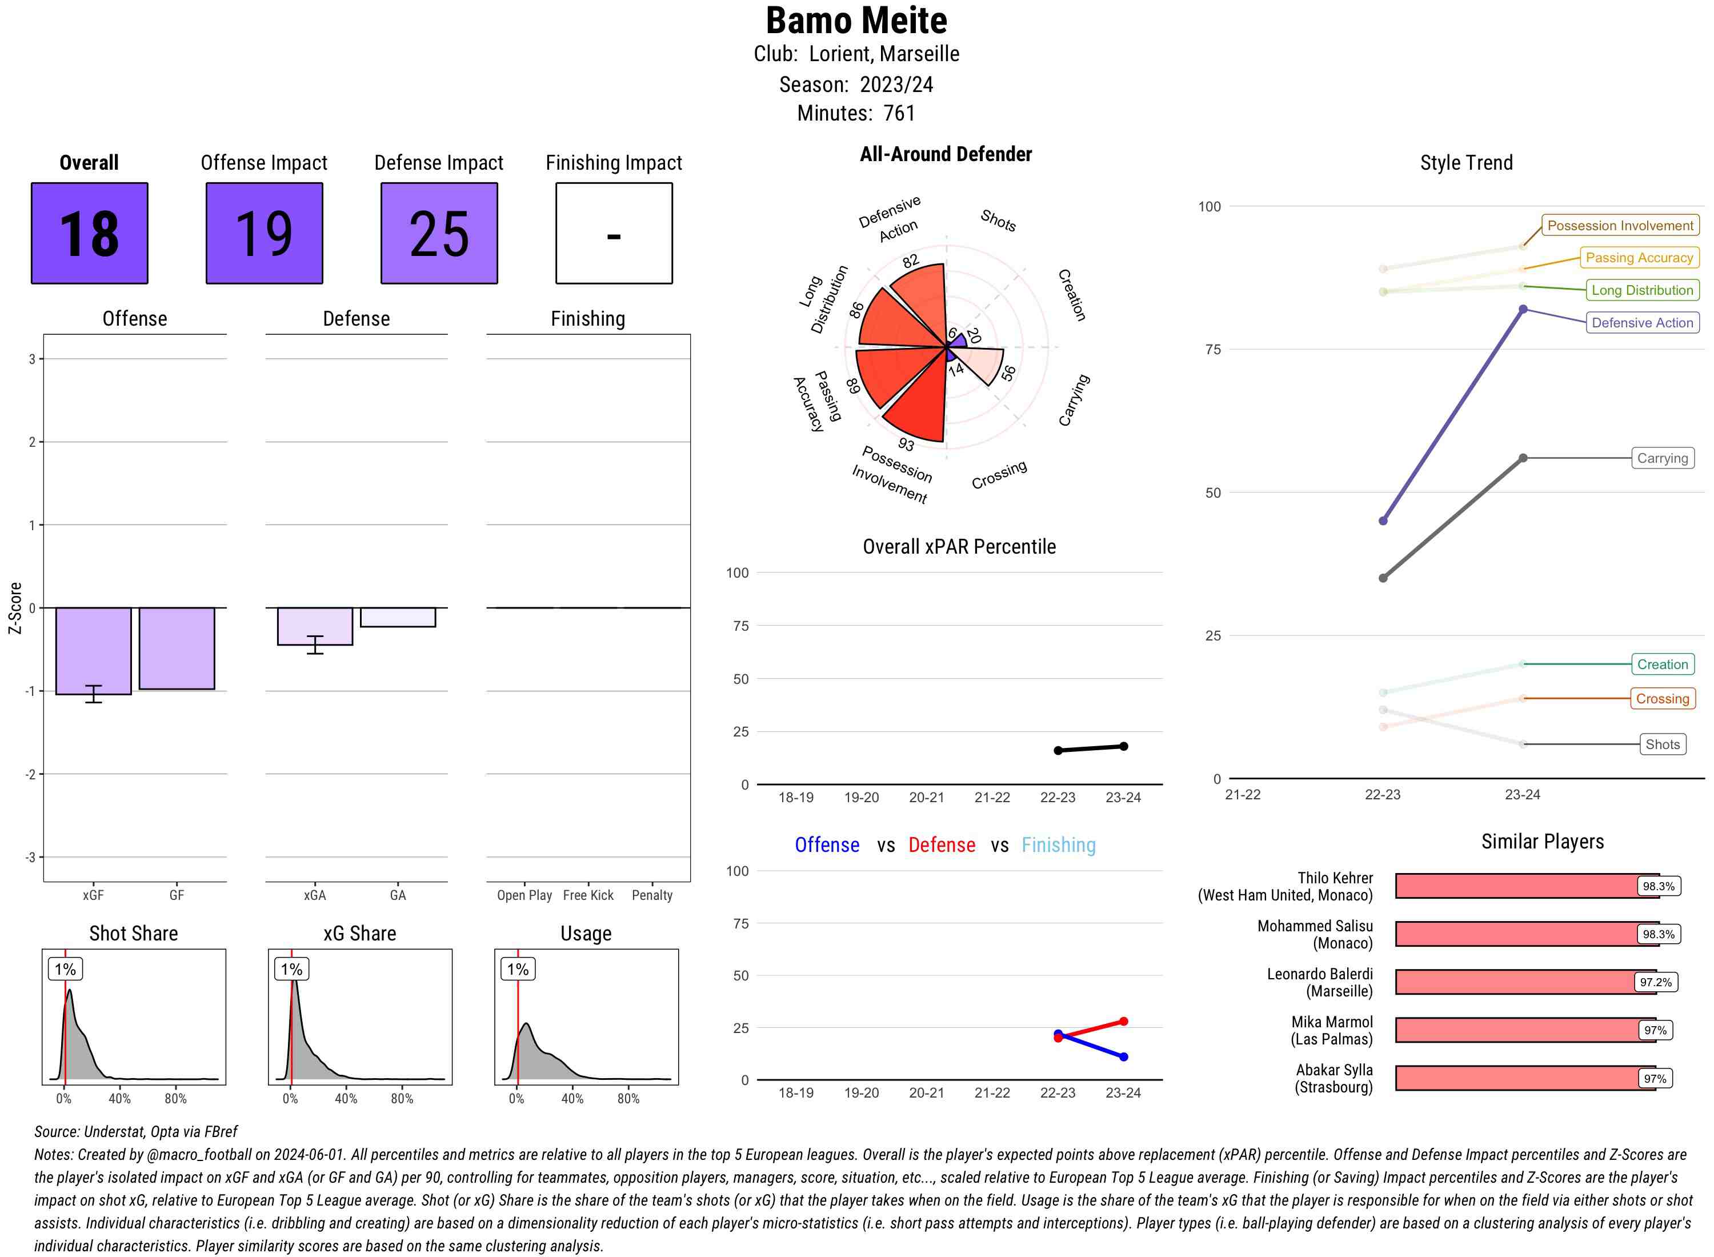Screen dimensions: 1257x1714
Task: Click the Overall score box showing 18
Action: tap(89, 233)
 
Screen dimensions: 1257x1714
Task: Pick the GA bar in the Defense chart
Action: tap(397, 617)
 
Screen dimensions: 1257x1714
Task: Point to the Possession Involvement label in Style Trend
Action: tap(1620, 225)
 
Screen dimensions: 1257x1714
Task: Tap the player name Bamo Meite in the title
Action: tap(856, 21)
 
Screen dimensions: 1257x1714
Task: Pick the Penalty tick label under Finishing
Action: tap(652, 895)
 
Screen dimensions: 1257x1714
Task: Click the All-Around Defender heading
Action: tap(946, 154)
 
